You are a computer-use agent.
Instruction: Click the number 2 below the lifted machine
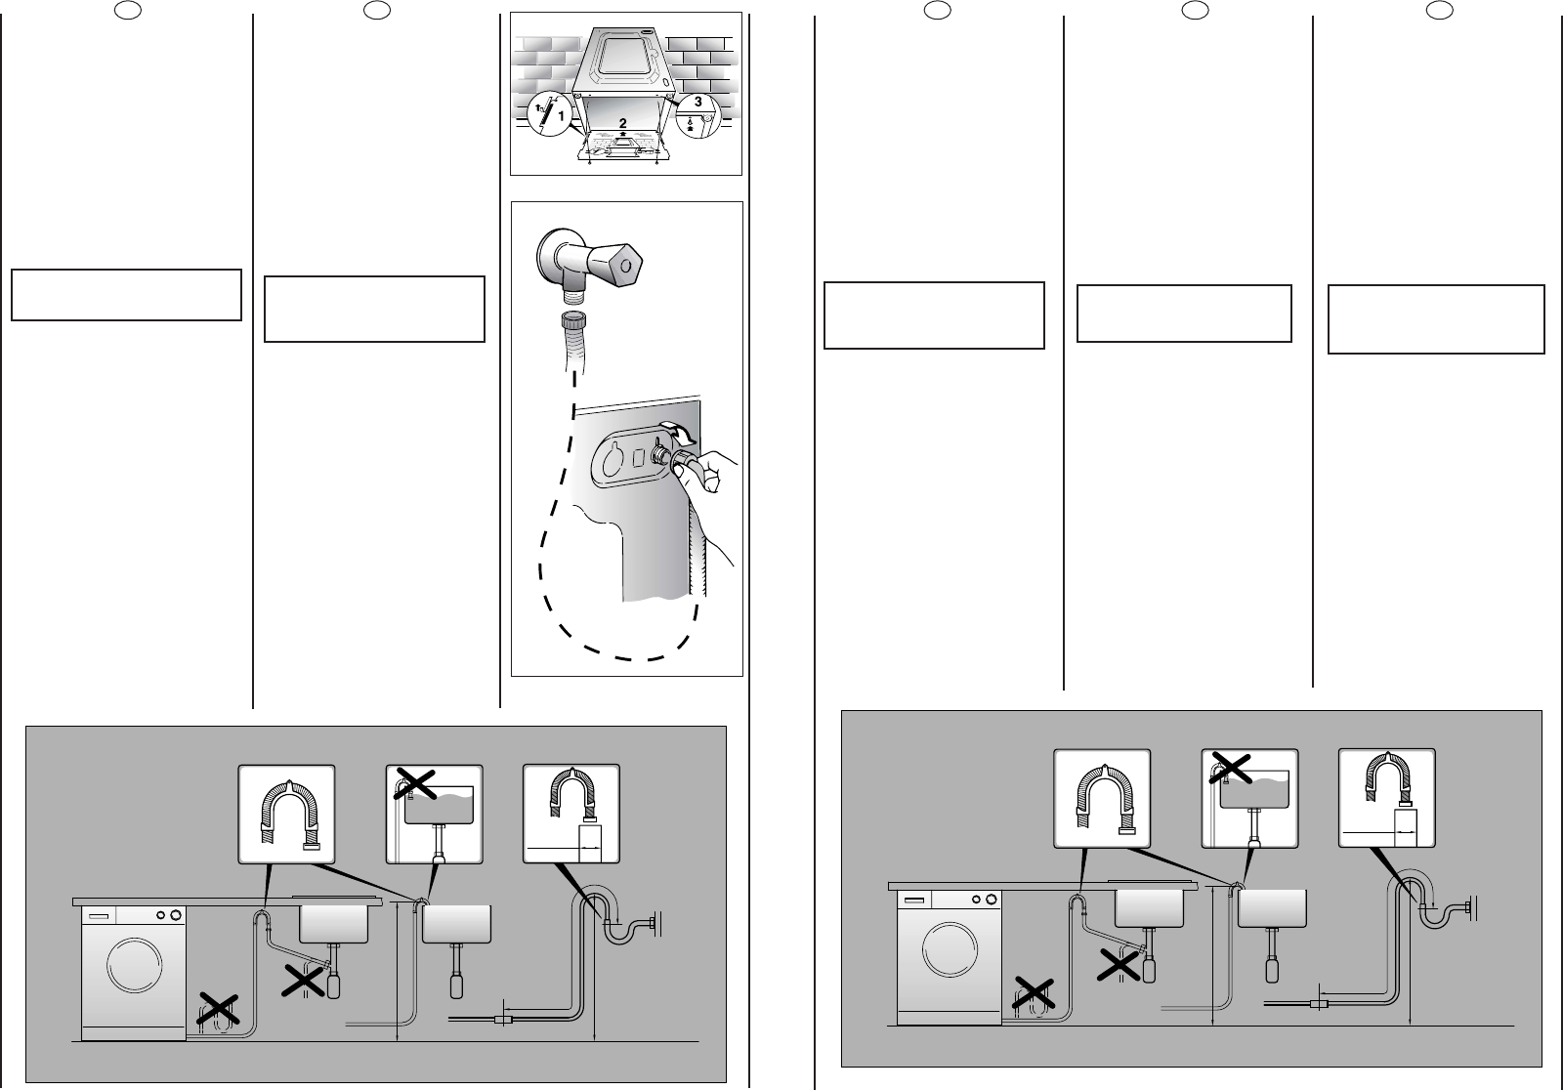click(x=622, y=122)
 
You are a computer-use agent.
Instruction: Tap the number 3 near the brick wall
click(x=697, y=102)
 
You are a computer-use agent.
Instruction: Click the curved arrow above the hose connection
click(x=677, y=431)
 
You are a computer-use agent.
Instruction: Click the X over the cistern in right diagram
click(x=1233, y=768)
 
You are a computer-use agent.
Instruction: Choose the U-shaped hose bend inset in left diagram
click(x=287, y=814)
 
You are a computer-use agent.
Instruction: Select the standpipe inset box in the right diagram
click(x=1386, y=798)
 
